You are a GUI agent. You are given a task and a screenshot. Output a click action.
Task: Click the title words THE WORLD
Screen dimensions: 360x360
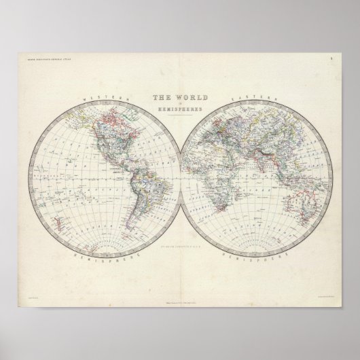click(180, 98)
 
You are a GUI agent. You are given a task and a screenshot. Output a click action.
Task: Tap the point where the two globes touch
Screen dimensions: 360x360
click(180, 179)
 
